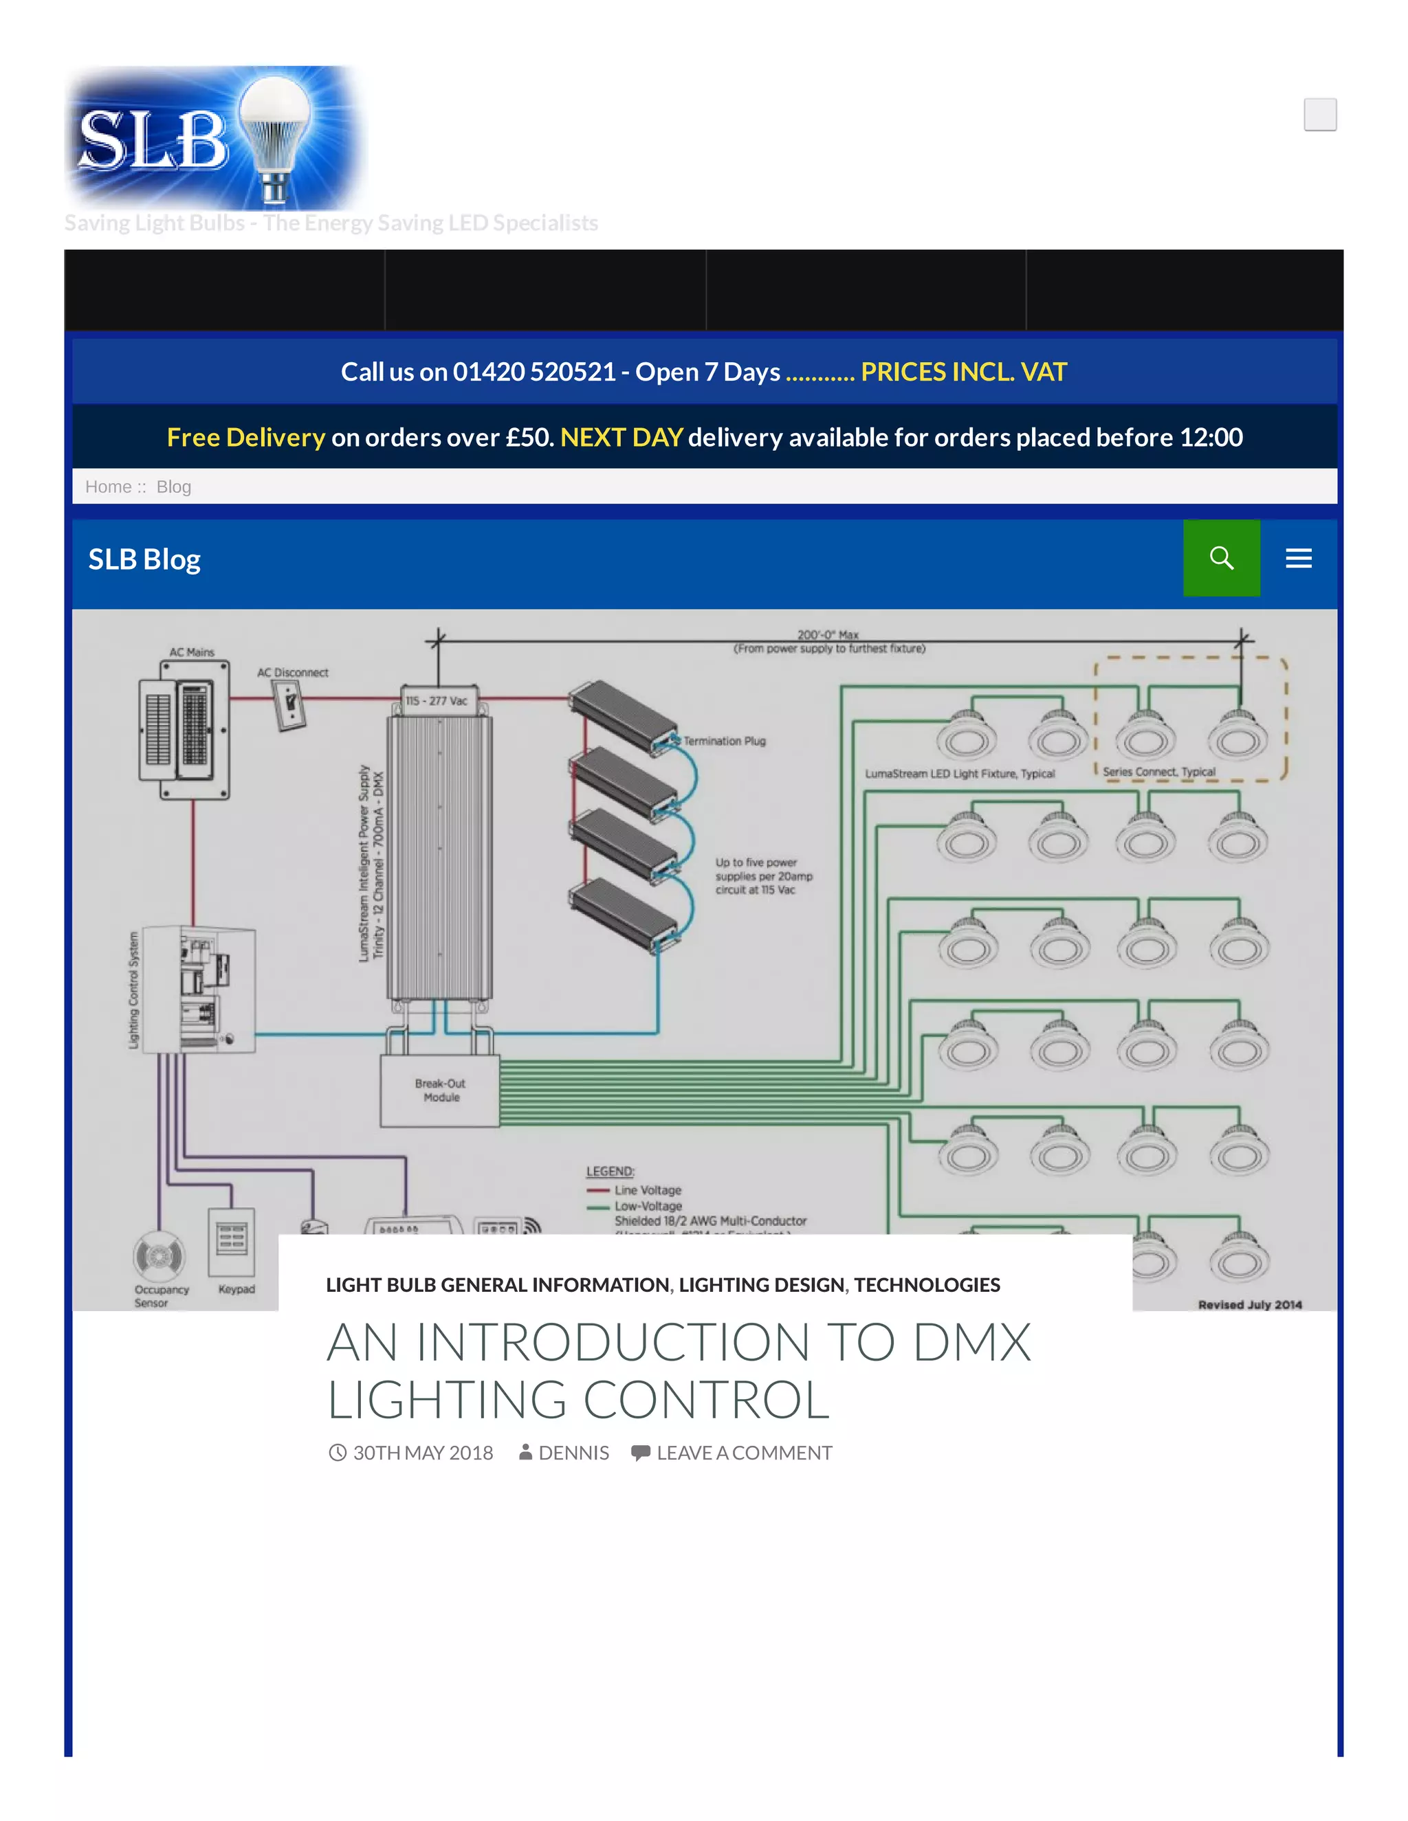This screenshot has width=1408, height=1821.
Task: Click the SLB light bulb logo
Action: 215,137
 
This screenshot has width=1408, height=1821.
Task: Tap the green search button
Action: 1221,558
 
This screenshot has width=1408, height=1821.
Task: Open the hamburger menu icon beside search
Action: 1298,558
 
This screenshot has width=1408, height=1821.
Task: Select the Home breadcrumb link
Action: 109,487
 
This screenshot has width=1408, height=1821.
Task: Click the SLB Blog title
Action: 144,559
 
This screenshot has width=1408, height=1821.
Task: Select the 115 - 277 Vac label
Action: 437,701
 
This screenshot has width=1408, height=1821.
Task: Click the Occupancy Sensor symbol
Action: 159,1255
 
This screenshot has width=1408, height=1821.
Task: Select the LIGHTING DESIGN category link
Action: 761,1285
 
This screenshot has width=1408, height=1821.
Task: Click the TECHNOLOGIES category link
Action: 927,1285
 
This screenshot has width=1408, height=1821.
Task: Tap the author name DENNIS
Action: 573,1453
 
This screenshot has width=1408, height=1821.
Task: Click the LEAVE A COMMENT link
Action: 743,1453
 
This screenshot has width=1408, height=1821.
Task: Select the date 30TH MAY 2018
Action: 422,1453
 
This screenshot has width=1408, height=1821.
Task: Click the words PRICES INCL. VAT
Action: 963,372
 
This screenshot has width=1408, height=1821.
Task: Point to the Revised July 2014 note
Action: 1249,1305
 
